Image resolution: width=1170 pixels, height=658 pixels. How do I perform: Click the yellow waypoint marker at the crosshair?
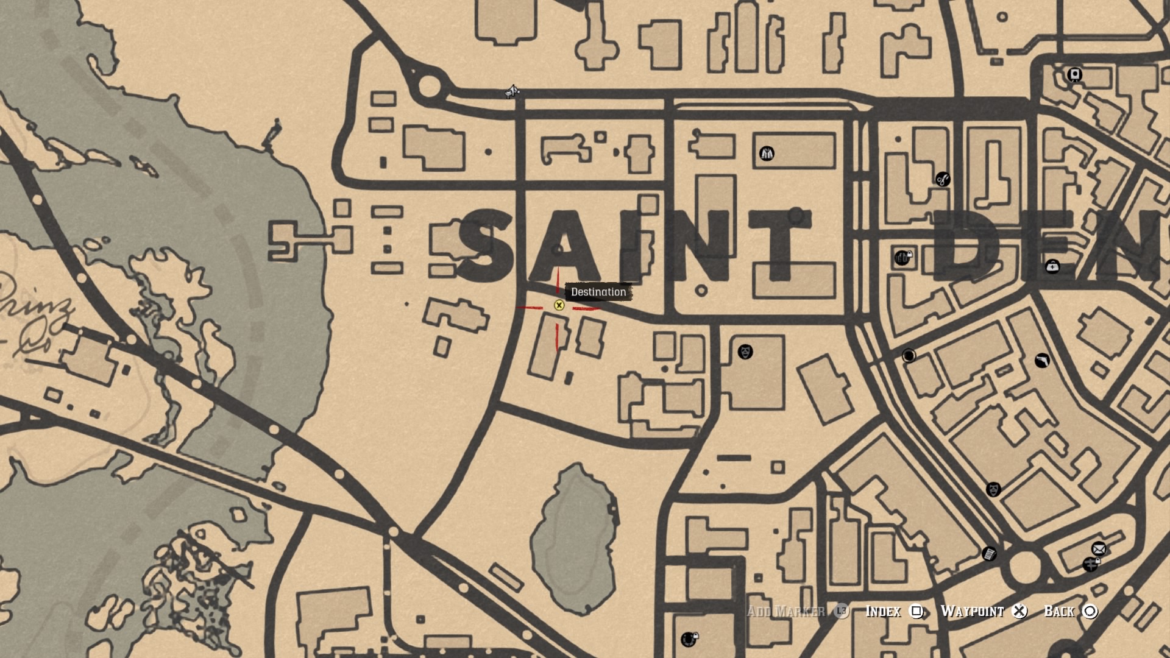point(559,305)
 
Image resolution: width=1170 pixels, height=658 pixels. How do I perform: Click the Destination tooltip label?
point(598,292)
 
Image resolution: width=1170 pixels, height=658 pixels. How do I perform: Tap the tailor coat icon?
point(767,154)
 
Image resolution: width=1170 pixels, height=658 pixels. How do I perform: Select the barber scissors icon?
point(943,180)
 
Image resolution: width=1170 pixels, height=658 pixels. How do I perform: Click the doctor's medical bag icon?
point(1052,266)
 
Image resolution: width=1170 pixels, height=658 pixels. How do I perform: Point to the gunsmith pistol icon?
point(1042,361)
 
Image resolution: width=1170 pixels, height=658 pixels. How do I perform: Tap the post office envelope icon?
point(1099,549)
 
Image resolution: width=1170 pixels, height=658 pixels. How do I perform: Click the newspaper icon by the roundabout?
point(989,554)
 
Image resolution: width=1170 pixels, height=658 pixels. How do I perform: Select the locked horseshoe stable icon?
point(689,639)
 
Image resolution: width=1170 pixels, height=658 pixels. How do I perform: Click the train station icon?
point(1075,75)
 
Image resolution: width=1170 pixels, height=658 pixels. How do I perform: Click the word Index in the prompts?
point(883,611)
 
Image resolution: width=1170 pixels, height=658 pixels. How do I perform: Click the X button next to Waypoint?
point(1019,611)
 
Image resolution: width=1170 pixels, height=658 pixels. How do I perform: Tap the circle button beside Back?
point(1090,611)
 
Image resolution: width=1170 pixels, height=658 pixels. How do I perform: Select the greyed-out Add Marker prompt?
point(786,611)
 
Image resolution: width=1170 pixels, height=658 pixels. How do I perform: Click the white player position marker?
point(512,92)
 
